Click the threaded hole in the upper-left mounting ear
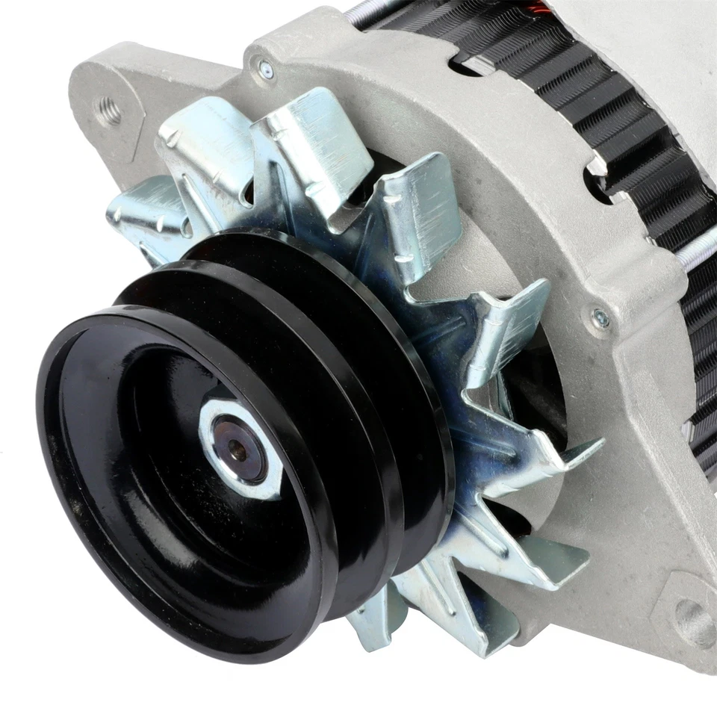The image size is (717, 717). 109,112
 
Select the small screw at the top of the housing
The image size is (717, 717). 265,69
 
